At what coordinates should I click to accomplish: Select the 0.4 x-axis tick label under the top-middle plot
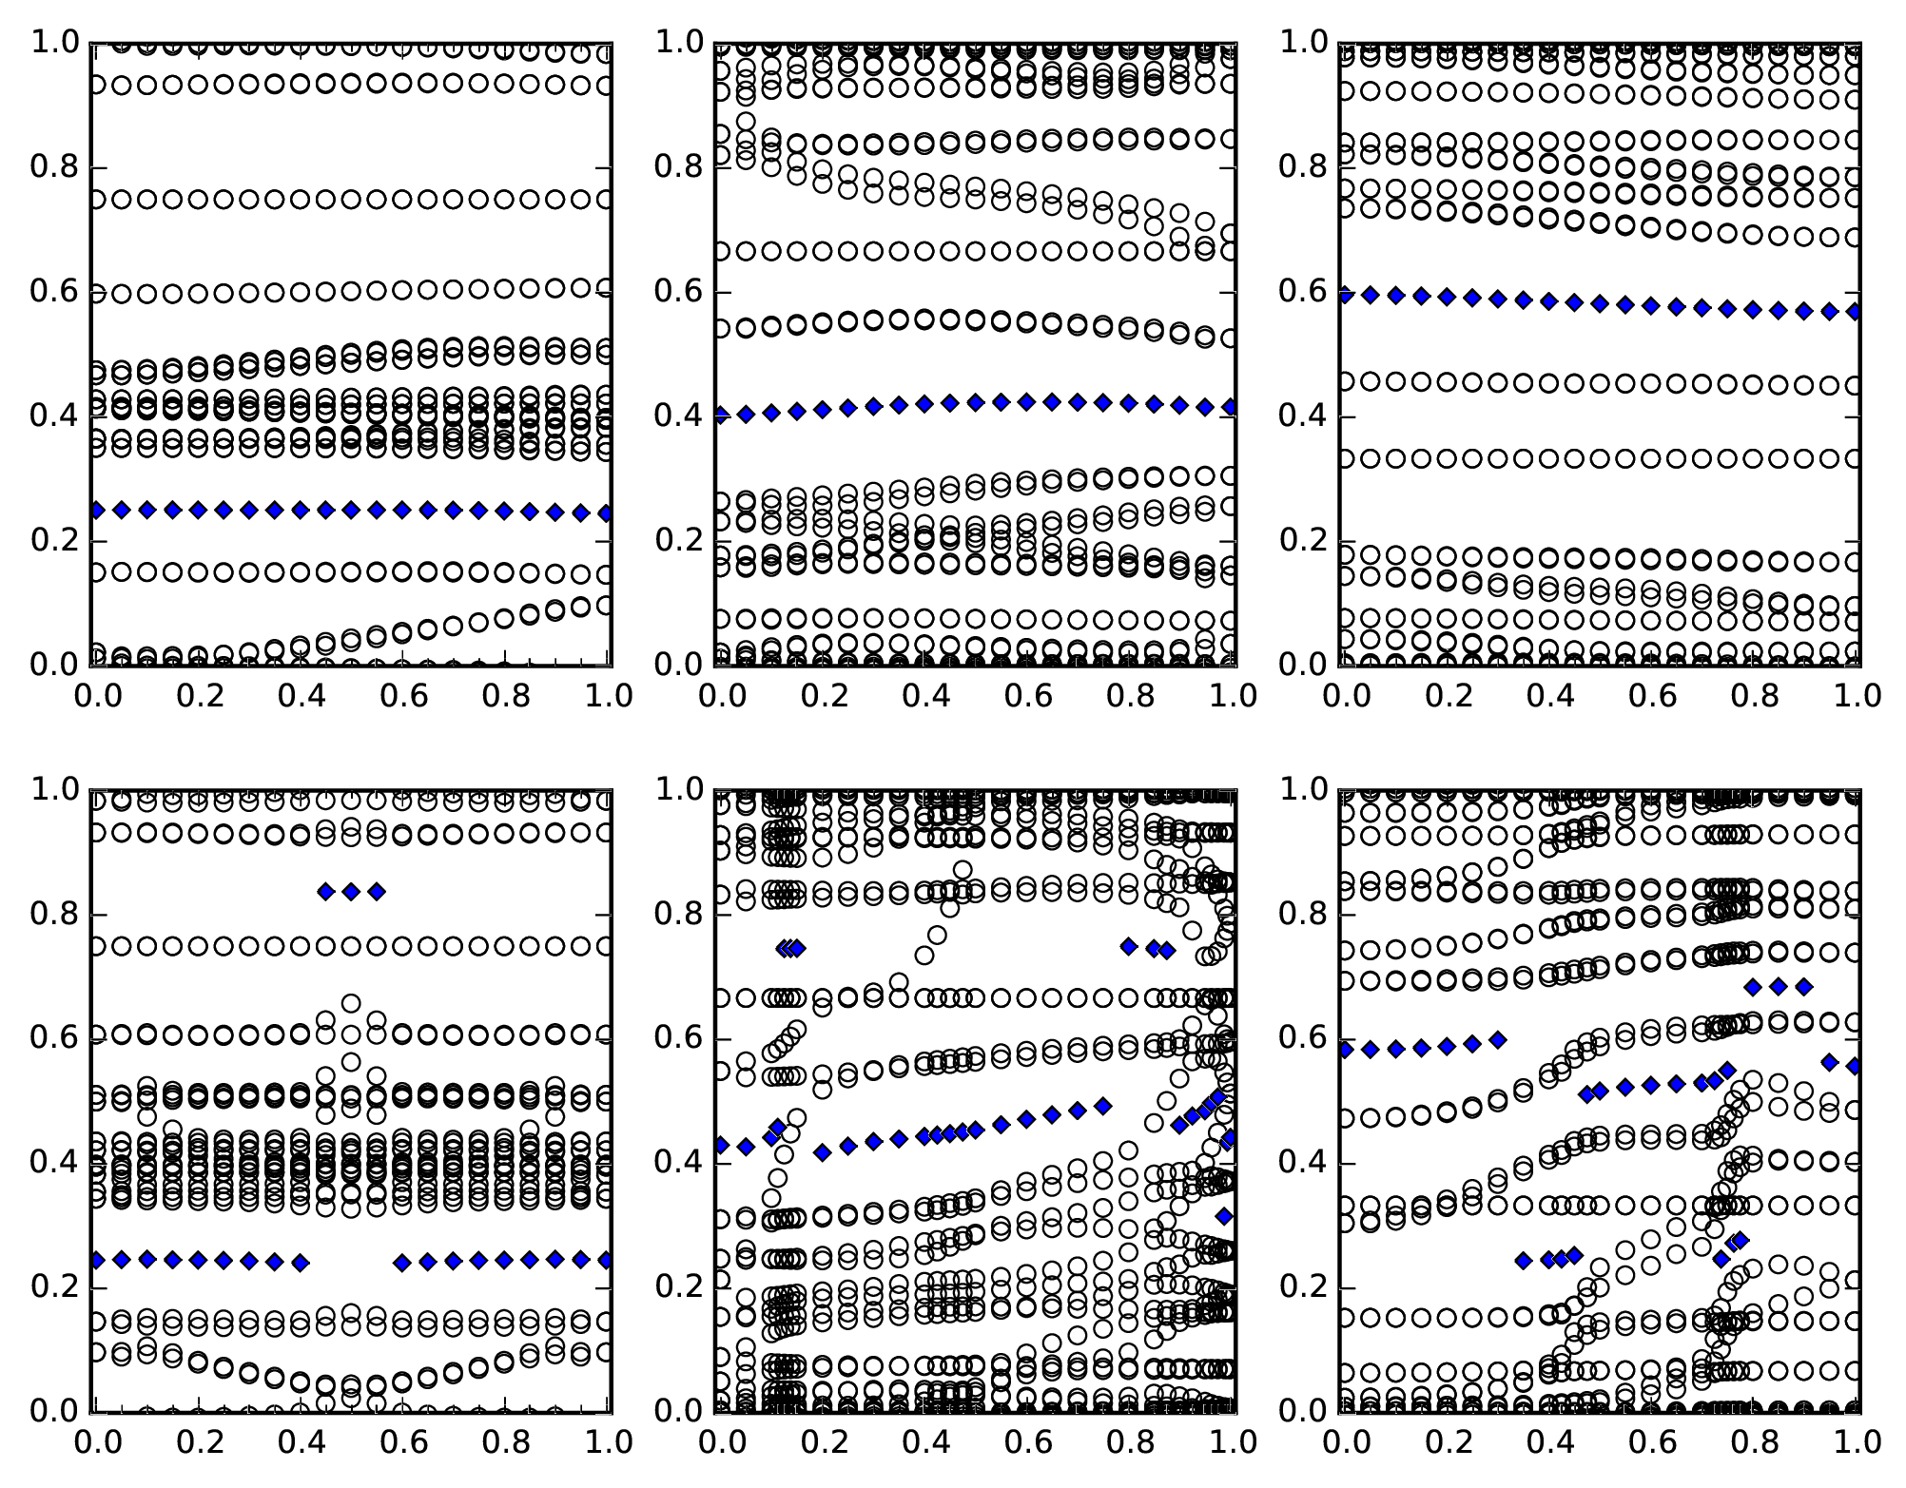[924, 696]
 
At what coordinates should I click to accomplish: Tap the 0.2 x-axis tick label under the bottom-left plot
[197, 1442]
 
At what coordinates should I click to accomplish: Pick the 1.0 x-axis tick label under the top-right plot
[1856, 696]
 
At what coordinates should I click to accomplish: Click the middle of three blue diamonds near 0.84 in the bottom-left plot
[351, 891]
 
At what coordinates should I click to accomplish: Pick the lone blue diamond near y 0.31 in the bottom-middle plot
[1224, 1216]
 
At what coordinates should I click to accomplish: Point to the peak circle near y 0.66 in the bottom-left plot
[351, 1004]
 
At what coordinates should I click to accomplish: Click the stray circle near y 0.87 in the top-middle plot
[746, 123]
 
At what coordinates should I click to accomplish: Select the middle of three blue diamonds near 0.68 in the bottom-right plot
[1778, 987]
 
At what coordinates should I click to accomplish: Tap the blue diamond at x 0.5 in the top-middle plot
[975, 402]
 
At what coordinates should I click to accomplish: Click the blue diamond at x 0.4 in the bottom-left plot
[300, 1263]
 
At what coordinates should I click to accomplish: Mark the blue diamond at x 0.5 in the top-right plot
[1600, 303]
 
